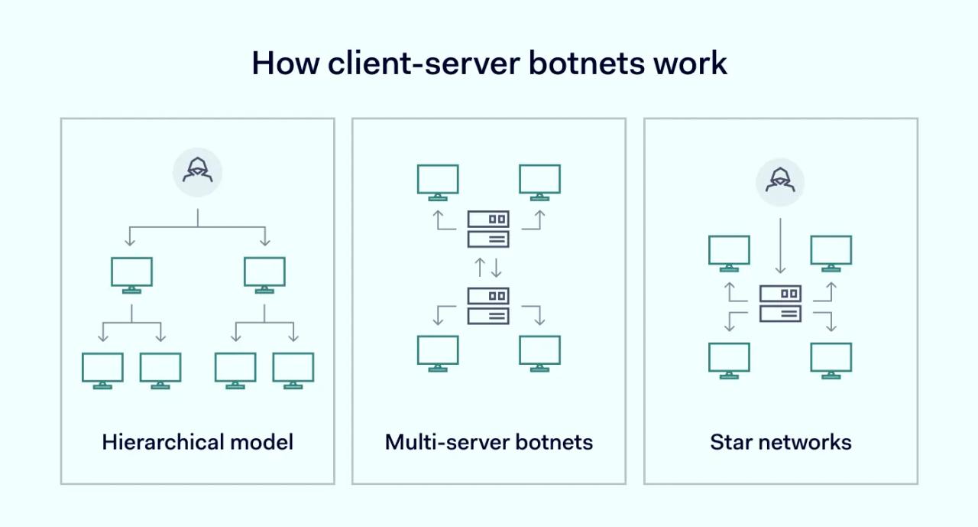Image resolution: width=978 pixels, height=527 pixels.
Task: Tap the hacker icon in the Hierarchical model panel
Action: (197, 172)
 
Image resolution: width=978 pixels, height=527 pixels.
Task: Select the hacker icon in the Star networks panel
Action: (780, 181)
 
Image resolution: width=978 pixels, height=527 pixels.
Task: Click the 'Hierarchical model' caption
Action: (197, 442)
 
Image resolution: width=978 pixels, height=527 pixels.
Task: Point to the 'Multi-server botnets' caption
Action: (489, 442)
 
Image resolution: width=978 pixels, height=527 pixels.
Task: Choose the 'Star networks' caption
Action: (780, 442)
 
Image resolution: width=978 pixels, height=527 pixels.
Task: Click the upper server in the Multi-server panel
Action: (488, 229)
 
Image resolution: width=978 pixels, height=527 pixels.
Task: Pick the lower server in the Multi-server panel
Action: (488, 304)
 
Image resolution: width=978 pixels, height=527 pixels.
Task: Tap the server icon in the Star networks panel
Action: (780, 303)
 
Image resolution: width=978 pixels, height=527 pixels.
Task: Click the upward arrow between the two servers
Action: (480, 267)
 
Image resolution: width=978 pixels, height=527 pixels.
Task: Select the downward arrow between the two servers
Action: (496, 267)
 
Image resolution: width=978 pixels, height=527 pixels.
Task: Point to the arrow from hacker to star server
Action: (780, 245)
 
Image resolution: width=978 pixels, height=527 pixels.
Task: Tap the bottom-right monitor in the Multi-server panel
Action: (539, 352)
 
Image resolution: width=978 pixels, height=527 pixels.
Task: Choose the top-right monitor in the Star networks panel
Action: (831, 252)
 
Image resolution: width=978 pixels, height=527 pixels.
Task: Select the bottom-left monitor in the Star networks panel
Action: (729, 359)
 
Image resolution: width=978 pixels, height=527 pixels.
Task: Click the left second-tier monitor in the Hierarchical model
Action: (131, 273)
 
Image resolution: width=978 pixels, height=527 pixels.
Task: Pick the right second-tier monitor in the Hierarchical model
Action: (264, 273)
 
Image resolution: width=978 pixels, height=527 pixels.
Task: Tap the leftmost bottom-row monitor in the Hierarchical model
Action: (102, 369)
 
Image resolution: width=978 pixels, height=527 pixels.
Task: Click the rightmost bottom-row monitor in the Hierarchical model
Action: (293, 369)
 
